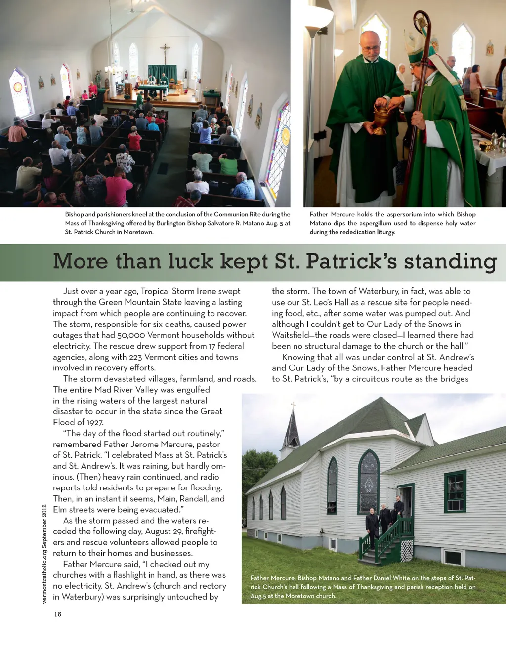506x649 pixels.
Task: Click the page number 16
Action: pyautogui.click(x=58, y=614)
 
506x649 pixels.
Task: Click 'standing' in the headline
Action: pyautogui.click(x=450, y=262)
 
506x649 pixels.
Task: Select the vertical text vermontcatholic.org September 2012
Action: pyautogui.click(x=44, y=554)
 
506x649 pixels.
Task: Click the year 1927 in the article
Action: pyautogui.click(x=95, y=422)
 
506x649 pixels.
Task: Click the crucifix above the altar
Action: pyautogui.click(x=165, y=53)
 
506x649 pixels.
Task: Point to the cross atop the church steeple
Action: pyautogui.click(x=293, y=406)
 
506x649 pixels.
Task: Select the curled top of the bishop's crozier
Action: pyautogui.click(x=422, y=22)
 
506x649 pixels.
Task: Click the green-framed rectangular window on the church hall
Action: pyautogui.click(x=455, y=491)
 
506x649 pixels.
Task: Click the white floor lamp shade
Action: pyautogui.click(x=317, y=17)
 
